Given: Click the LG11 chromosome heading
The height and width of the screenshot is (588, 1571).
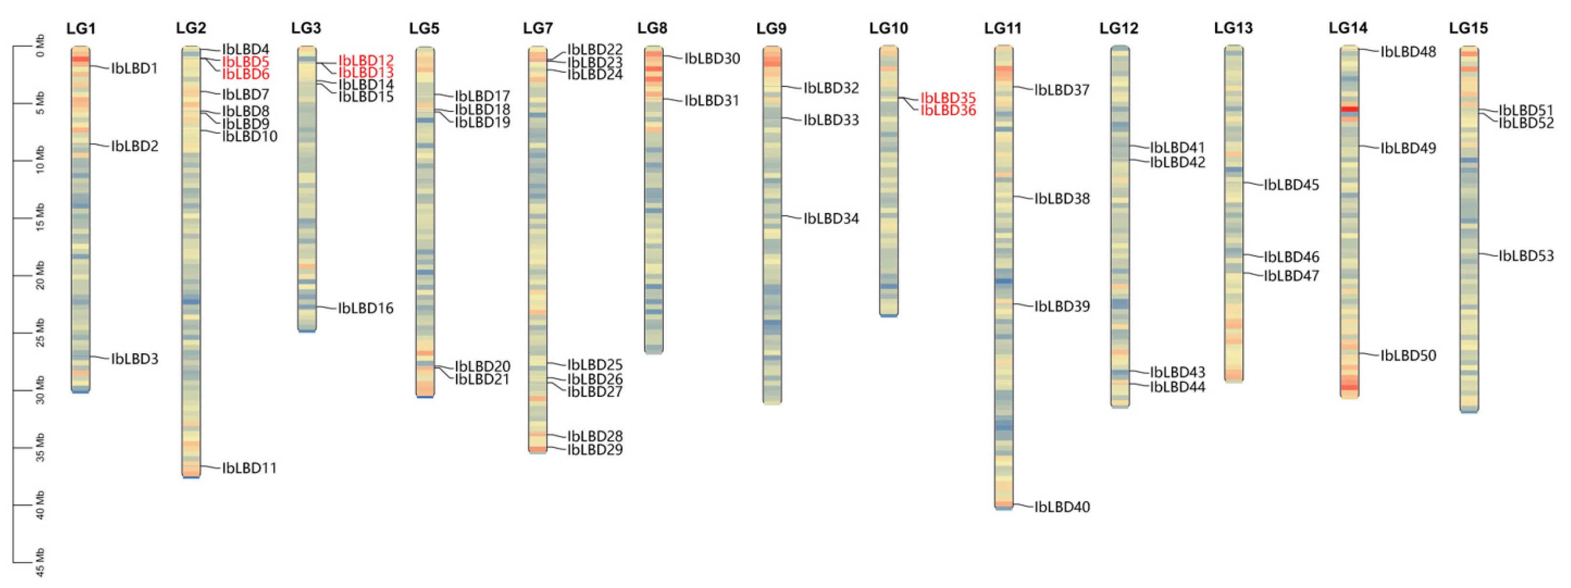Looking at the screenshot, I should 1002,28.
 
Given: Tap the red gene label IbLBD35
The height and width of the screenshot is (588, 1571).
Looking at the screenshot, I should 948,97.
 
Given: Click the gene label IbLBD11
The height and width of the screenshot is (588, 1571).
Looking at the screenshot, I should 249,468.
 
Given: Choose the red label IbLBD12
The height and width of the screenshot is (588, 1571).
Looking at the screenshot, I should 366,60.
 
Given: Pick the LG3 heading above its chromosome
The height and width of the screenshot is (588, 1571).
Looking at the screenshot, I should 306,28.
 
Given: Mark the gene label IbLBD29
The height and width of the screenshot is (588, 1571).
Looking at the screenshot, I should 595,450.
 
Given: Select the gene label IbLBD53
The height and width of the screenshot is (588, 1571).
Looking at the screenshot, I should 1526,255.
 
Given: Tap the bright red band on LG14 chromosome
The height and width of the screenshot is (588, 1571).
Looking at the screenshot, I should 1349,109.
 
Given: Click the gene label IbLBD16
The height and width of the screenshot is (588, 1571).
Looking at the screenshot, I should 365,308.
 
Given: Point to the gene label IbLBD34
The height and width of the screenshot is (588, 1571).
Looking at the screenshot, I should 831,218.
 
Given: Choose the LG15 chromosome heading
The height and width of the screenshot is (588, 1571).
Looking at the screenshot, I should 1468,28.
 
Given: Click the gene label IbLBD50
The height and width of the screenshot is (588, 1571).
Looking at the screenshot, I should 1408,355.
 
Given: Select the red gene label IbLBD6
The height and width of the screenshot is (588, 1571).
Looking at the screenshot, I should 245,74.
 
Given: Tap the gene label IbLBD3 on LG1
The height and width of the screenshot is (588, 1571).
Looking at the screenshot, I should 134,359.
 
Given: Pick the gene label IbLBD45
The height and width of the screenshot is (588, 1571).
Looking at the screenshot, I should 1290,185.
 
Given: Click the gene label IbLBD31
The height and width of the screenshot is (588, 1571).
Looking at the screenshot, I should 711,101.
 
